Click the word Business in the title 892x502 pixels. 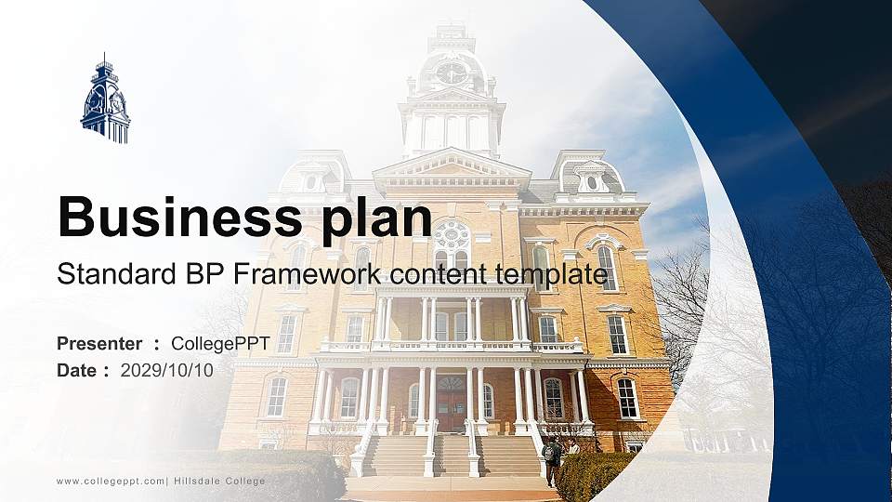pyautogui.click(x=177, y=218)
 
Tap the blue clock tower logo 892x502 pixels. pyautogui.click(x=105, y=99)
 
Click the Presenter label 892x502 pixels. pyautogui.click(x=99, y=344)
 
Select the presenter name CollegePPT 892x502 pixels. pyautogui.click(x=220, y=344)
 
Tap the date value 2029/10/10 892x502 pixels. pyautogui.click(x=167, y=370)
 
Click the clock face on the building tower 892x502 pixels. pyautogui.click(x=452, y=73)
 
